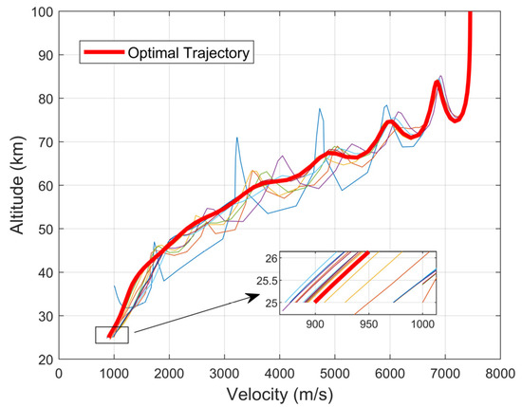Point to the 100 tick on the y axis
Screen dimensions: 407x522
pyautogui.click(x=44, y=11)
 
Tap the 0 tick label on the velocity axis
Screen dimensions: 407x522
pyautogui.click(x=60, y=374)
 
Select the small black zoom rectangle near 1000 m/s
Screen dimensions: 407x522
pyautogui.click(x=111, y=334)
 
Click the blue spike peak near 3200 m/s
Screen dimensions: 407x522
pyautogui.click(x=236, y=139)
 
